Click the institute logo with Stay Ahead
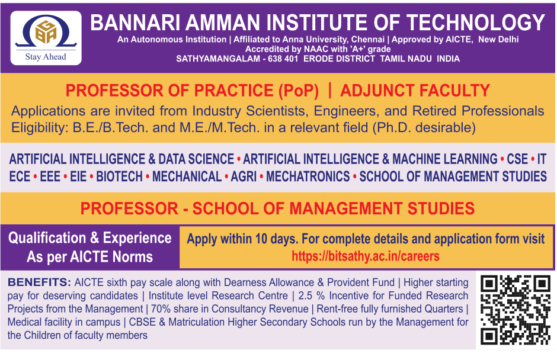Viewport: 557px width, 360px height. (46, 38)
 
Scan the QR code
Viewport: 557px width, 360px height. (516, 310)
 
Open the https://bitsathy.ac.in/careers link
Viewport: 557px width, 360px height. (366, 256)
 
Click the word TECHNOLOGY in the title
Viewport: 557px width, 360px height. (476, 22)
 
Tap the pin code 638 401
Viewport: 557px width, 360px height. (283, 59)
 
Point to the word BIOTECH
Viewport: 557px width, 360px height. (119, 176)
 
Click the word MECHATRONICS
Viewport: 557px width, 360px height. (308, 176)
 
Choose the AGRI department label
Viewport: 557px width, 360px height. (244, 176)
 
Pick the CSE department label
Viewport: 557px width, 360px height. (517, 159)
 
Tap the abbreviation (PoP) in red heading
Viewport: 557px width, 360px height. (299, 91)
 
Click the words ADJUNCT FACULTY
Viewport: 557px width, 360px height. (415, 91)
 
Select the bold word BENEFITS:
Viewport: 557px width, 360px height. (40, 282)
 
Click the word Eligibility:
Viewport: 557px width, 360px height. (40, 127)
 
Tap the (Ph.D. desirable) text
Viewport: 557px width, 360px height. (424, 127)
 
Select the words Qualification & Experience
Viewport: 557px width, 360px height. (90, 238)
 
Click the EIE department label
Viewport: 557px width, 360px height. (78, 176)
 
